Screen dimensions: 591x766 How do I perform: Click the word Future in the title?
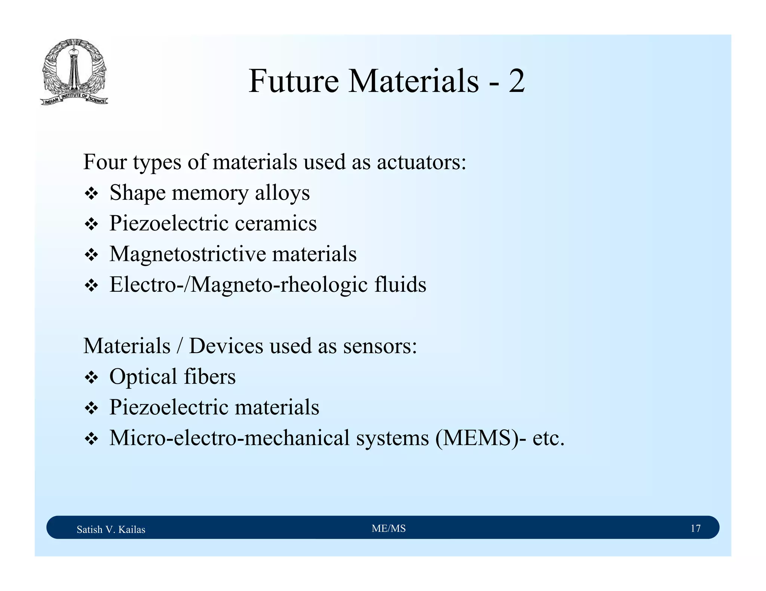(294, 81)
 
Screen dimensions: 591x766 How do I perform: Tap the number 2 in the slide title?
(517, 81)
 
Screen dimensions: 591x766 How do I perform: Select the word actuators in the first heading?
(422, 162)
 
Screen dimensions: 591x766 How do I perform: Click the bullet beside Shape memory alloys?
(91, 194)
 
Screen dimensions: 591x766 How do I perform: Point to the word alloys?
(282, 193)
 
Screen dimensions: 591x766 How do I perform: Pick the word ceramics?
(276, 223)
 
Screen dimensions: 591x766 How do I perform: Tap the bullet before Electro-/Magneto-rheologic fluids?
(91, 286)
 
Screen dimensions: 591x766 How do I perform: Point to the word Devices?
(226, 346)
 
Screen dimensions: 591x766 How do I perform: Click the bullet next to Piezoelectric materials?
(91, 408)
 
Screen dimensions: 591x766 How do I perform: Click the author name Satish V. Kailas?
(111, 529)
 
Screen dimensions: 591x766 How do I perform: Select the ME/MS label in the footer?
(389, 528)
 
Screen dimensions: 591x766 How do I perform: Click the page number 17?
(695, 528)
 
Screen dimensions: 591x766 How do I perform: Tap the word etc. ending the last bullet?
(548, 438)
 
